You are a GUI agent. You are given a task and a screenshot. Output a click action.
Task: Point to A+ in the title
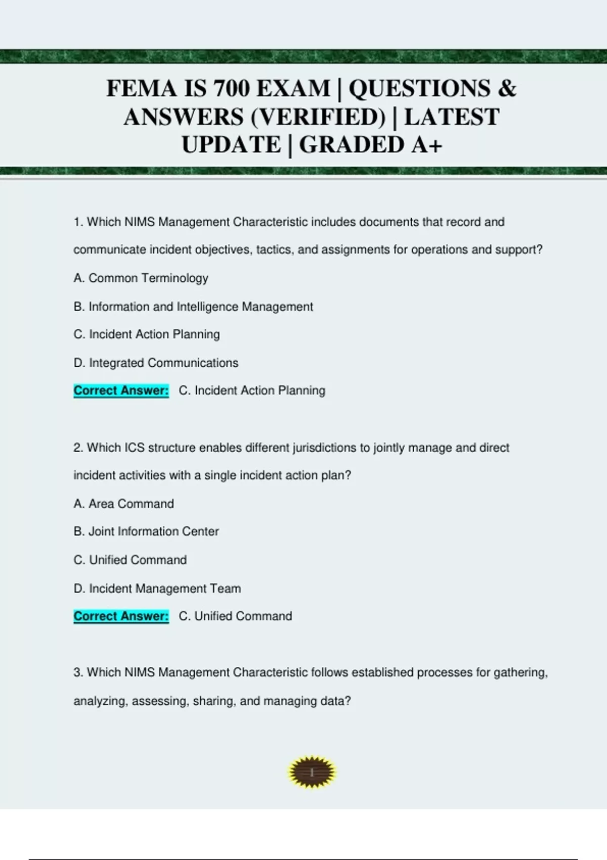[x=427, y=145]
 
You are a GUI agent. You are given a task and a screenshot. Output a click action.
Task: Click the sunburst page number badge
[x=312, y=772]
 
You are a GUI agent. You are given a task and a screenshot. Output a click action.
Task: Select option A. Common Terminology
[x=141, y=278]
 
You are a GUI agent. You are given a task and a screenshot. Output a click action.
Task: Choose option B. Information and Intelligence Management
[x=193, y=307]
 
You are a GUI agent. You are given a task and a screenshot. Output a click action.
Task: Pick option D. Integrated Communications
[x=156, y=363]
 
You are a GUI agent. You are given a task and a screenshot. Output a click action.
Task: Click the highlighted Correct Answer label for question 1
[x=121, y=391]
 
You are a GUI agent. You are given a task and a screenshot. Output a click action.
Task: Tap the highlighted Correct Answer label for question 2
[x=121, y=616]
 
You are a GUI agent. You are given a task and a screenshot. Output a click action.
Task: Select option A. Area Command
[x=123, y=504]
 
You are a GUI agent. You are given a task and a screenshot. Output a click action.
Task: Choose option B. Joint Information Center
[x=146, y=532]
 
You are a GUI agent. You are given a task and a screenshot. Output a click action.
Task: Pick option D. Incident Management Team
[x=157, y=588]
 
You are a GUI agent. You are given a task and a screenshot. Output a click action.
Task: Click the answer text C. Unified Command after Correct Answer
[x=235, y=616]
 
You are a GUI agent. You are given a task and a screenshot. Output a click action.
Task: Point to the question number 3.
[x=78, y=673]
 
